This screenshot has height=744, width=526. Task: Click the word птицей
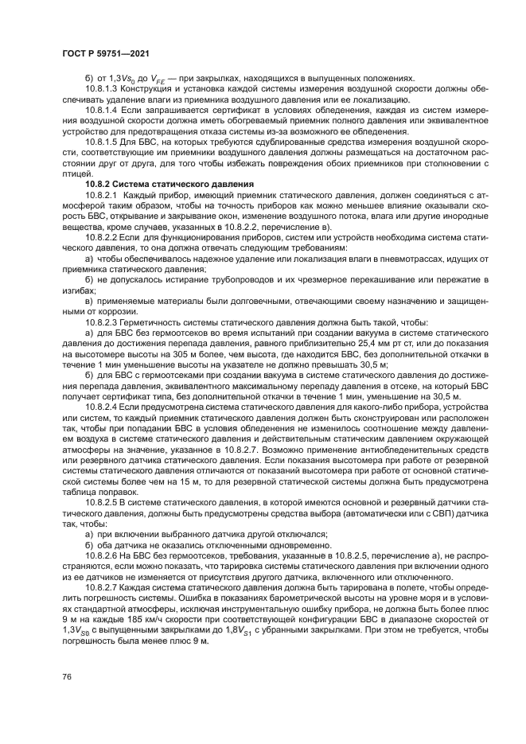point(74,174)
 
